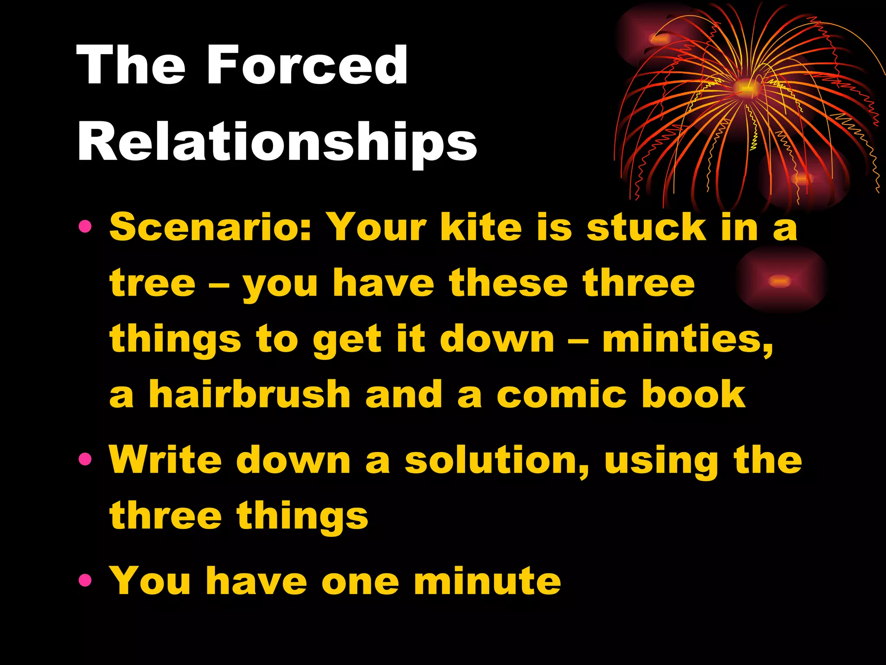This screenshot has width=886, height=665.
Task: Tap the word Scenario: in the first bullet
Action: pyautogui.click(x=210, y=227)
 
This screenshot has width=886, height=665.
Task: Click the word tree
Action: pyautogui.click(x=152, y=283)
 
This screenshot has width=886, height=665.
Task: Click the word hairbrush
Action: pyautogui.click(x=249, y=394)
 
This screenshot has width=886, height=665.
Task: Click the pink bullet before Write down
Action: pyautogui.click(x=85, y=459)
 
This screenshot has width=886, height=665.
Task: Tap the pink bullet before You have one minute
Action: pyautogui.click(x=85, y=580)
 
